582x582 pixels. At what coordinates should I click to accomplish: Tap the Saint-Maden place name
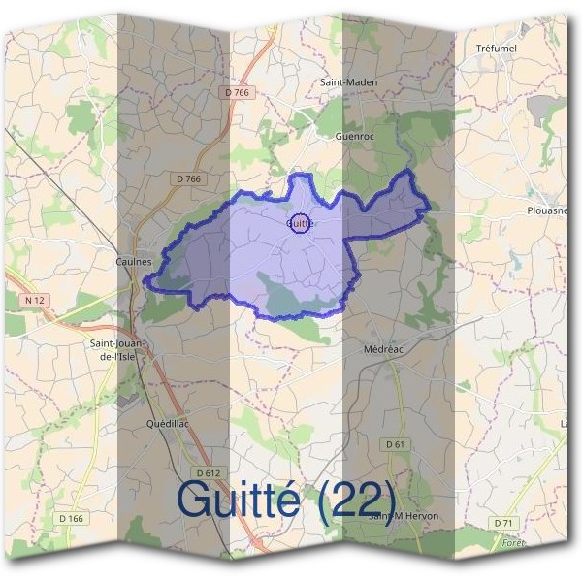click(x=349, y=82)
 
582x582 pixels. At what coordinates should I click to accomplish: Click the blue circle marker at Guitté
click(x=301, y=223)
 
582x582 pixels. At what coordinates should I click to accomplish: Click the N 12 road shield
click(x=31, y=302)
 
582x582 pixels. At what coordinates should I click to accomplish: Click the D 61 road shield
click(x=394, y=443)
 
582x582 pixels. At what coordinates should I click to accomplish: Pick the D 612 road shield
click(x=208, y=472)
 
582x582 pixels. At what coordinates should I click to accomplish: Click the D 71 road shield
click(x=502, y=523)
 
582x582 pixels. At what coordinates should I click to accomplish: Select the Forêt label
click(x=513, y=543)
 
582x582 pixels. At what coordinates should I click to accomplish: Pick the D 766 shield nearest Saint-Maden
click(x=237, y=92)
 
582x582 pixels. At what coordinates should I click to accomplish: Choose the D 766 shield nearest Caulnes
click(x=189, y=178)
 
